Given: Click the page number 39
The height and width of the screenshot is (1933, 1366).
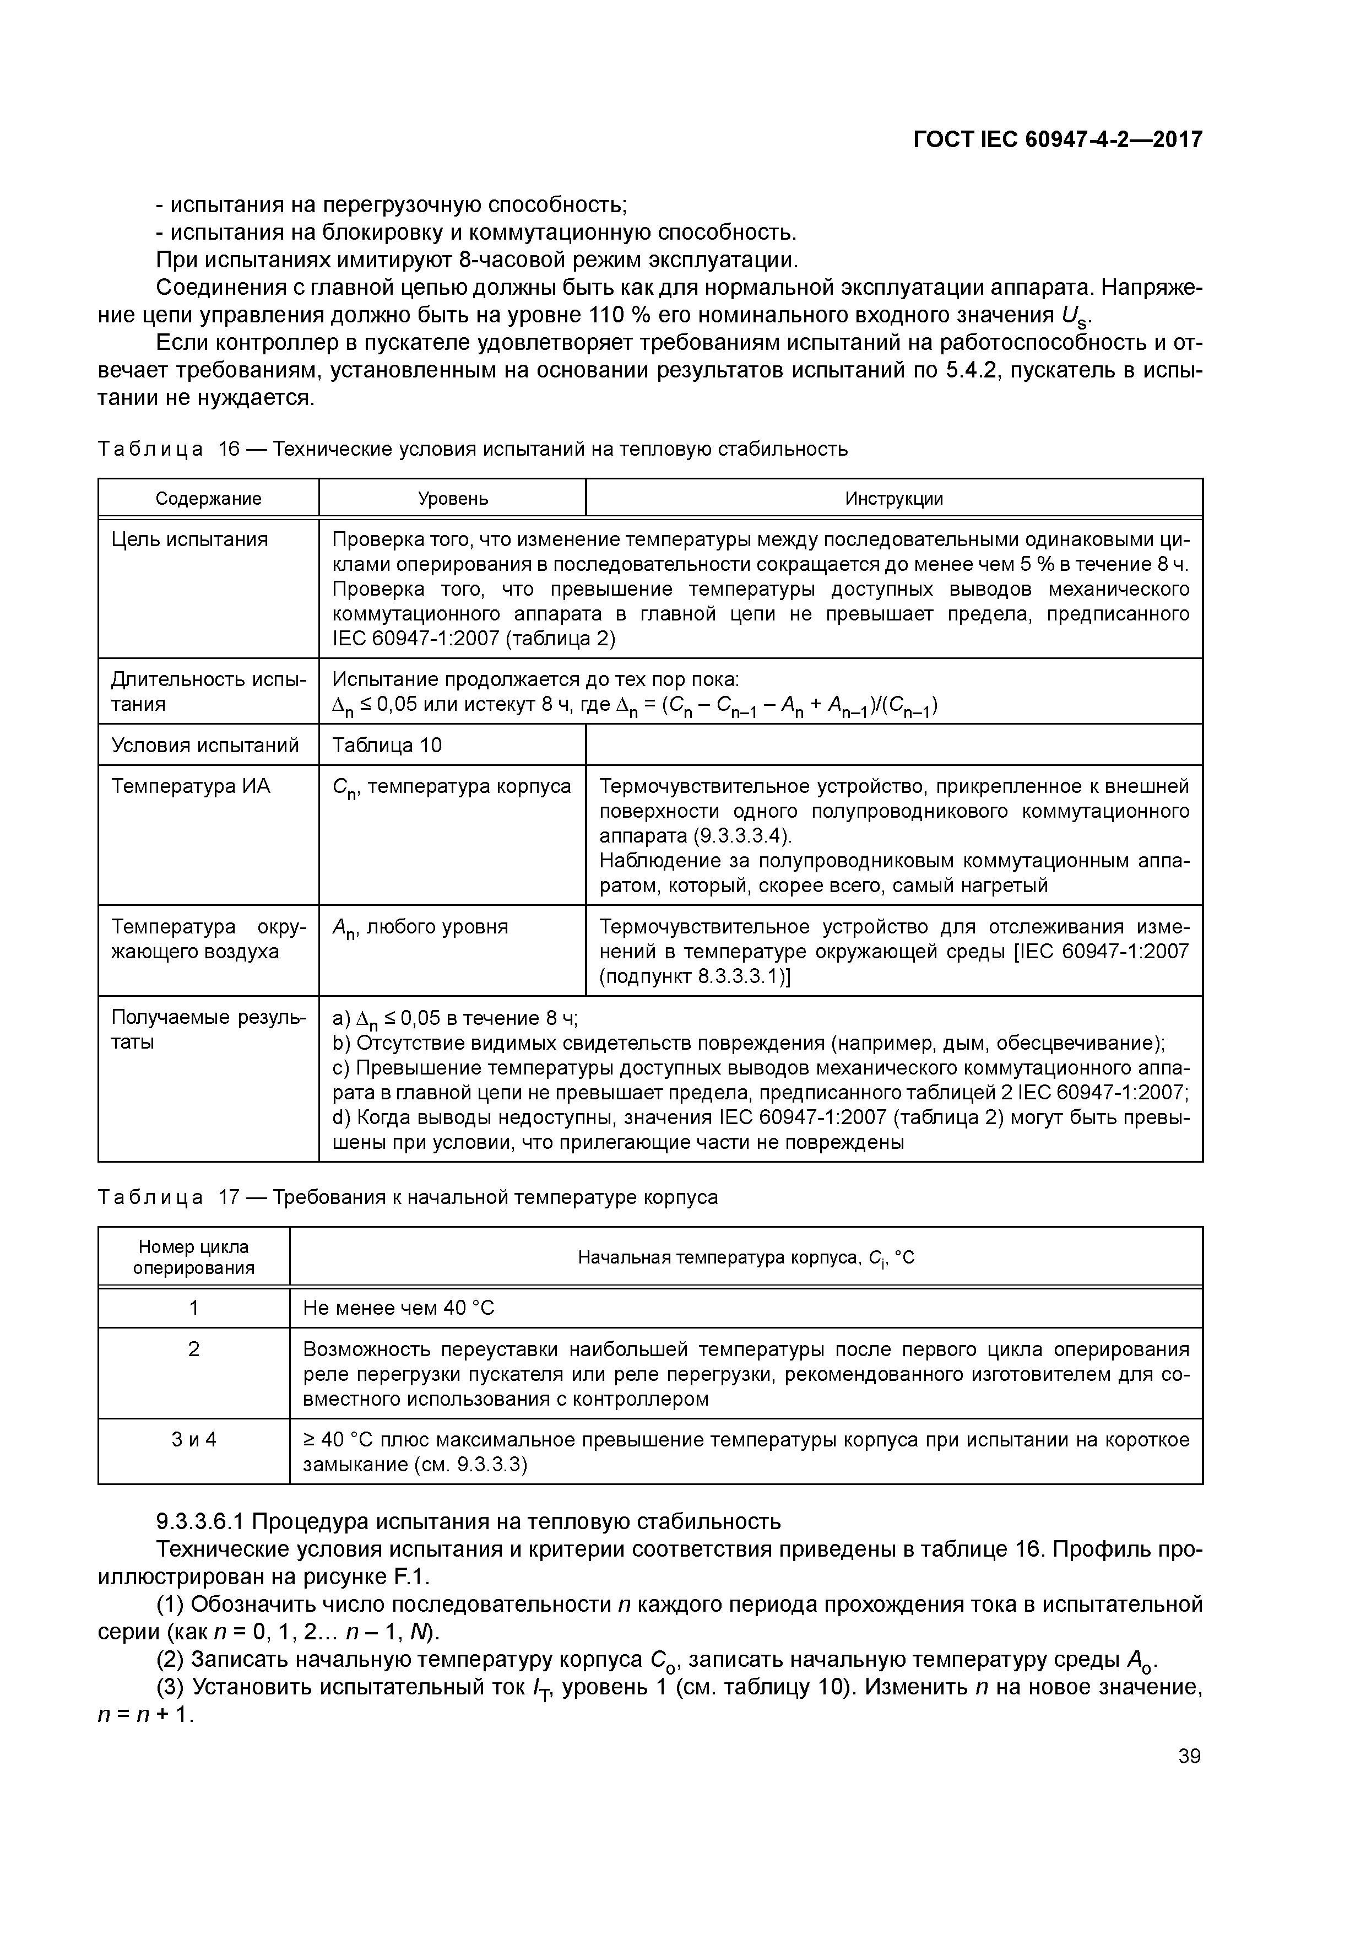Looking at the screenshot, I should (x=1189, y=1756).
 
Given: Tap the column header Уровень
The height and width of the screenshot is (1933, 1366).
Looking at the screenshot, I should (x=453, y=499).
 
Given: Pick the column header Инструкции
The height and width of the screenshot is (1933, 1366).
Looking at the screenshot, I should (x=894, y=499).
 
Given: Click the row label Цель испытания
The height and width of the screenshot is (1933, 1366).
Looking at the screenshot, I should (x=189, y=539).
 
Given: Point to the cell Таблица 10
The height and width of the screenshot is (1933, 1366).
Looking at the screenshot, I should (x=387, y=745).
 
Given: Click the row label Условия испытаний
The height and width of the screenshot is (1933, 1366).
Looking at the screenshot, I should (x=205, y=745).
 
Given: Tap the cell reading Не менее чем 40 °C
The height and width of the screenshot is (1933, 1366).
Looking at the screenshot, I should (x=399, y=1308).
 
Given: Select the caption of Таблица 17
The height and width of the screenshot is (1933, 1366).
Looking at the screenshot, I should (x=408, y=1197).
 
